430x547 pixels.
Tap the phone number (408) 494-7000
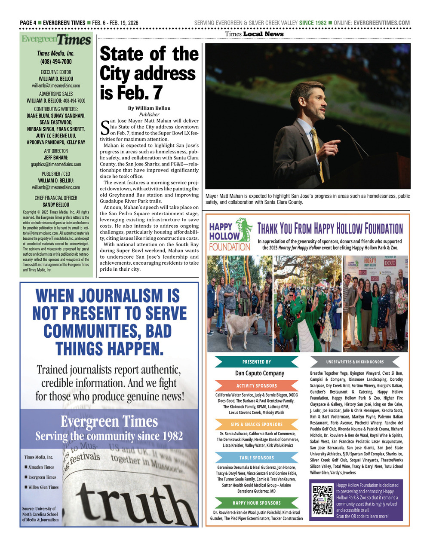pyautogui.click(x=56, y=61)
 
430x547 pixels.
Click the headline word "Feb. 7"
pyautogui.click(x=131, y=92)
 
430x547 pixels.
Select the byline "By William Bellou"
pyautogui.click(x=149, y=108)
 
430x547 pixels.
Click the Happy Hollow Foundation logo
pyautogui.click(x=230, y=235)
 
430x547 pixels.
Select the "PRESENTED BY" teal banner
pyautogui.click(x=257, y=362)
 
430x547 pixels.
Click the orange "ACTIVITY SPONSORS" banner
pyautogui.click(x=257, y=386)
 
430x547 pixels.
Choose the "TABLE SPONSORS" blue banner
pyautogui.click(x=257, y=458)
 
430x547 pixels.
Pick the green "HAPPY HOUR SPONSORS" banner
pyautogui.click(x=257, y=503)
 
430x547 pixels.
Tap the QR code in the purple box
pyautogui.click(x=322, y=500)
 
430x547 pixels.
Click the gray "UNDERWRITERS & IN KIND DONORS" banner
pyautogui.click(x=355, y=362)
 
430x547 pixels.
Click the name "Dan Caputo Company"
pyautogui.click(x=259, y=373)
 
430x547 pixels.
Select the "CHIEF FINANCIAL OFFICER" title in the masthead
pyautogui.click(x=56, y=198)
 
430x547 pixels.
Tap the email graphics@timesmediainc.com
pyautogui.click(x=56, y=165)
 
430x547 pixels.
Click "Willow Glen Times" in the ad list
pyautogui.click(x=43, y=487)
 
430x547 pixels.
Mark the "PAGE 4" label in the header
pyautogui.click(x=28, y=23)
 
